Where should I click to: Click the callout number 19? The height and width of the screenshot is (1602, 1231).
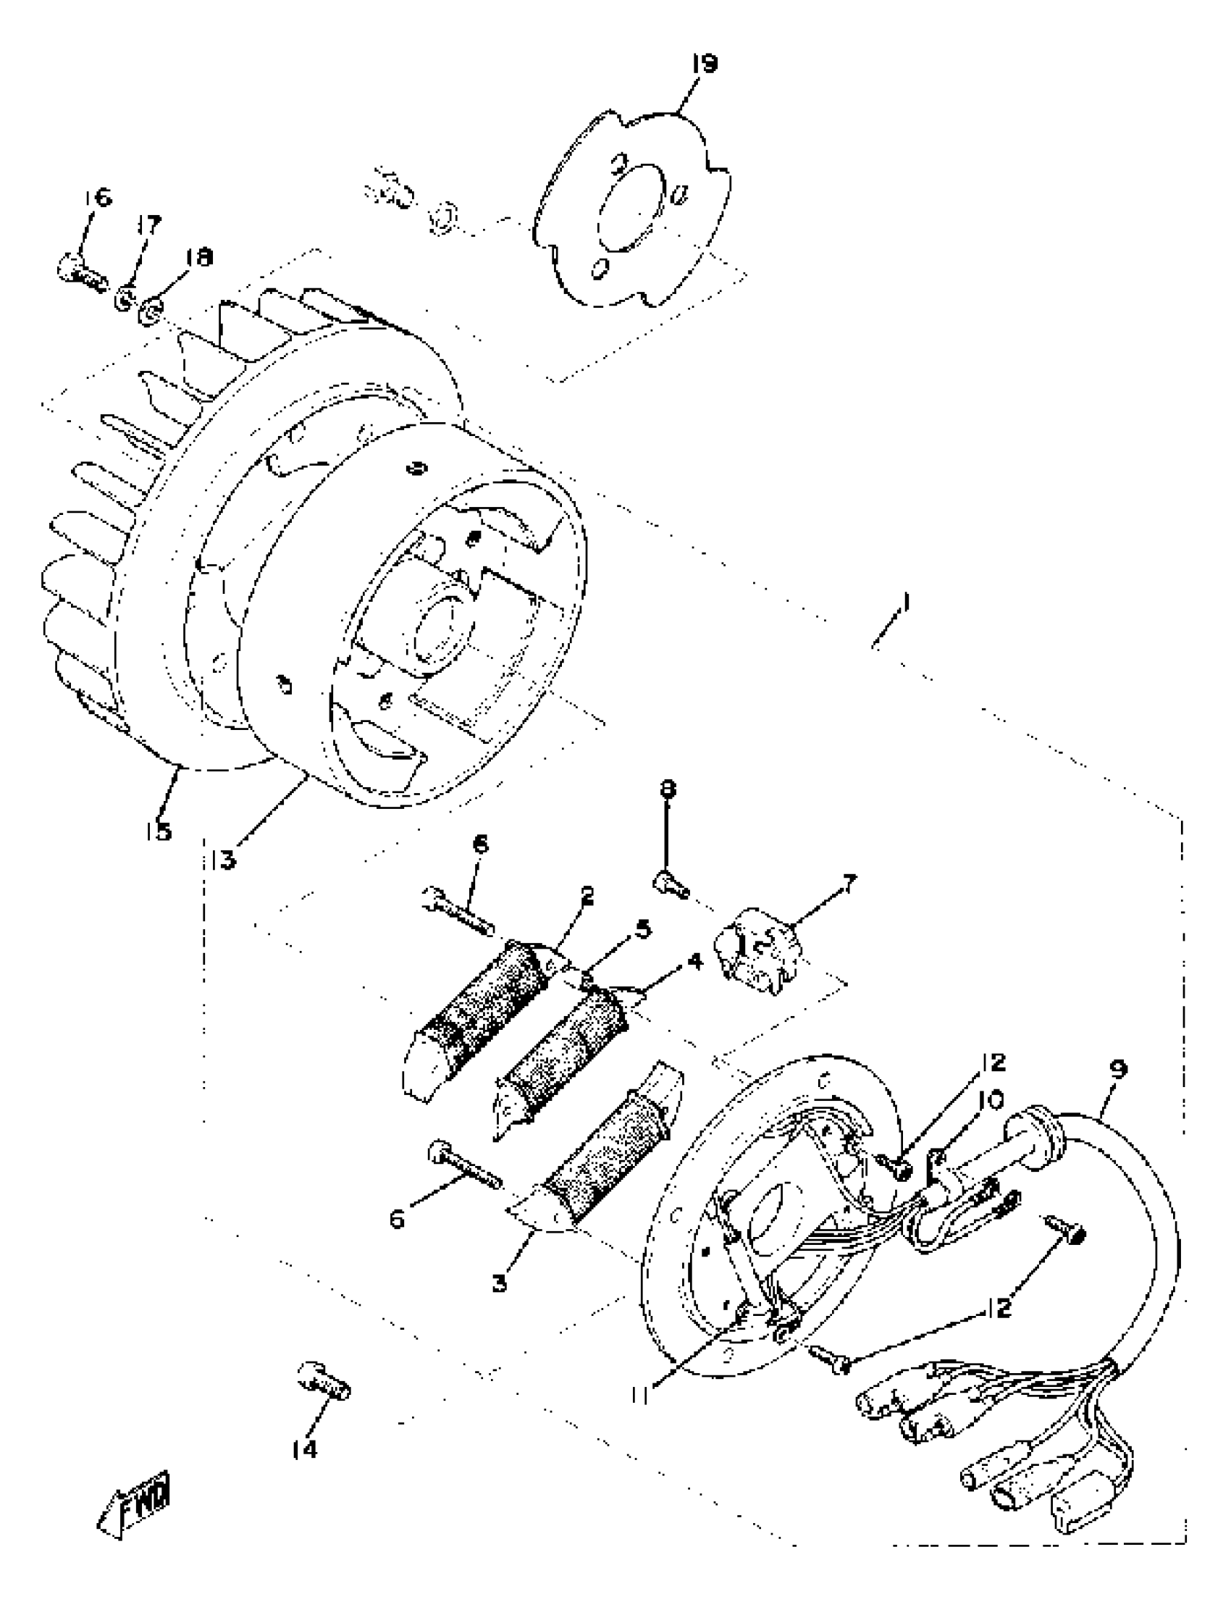[x=704, y=64]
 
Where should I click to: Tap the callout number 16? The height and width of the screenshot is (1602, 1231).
[x=98, y=197]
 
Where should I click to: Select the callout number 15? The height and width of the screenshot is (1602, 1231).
[x=159, y=831]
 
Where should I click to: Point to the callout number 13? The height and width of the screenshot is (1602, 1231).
[x=222, y=859]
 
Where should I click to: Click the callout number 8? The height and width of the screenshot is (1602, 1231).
[x=668, y=789]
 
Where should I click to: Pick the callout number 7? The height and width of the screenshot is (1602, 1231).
[x=847, y=884]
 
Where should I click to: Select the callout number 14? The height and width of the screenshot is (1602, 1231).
[x=305, y=1448]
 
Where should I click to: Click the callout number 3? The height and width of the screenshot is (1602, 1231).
[x=500, y=1283]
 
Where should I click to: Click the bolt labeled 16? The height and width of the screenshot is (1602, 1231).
[x=81, y=272]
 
